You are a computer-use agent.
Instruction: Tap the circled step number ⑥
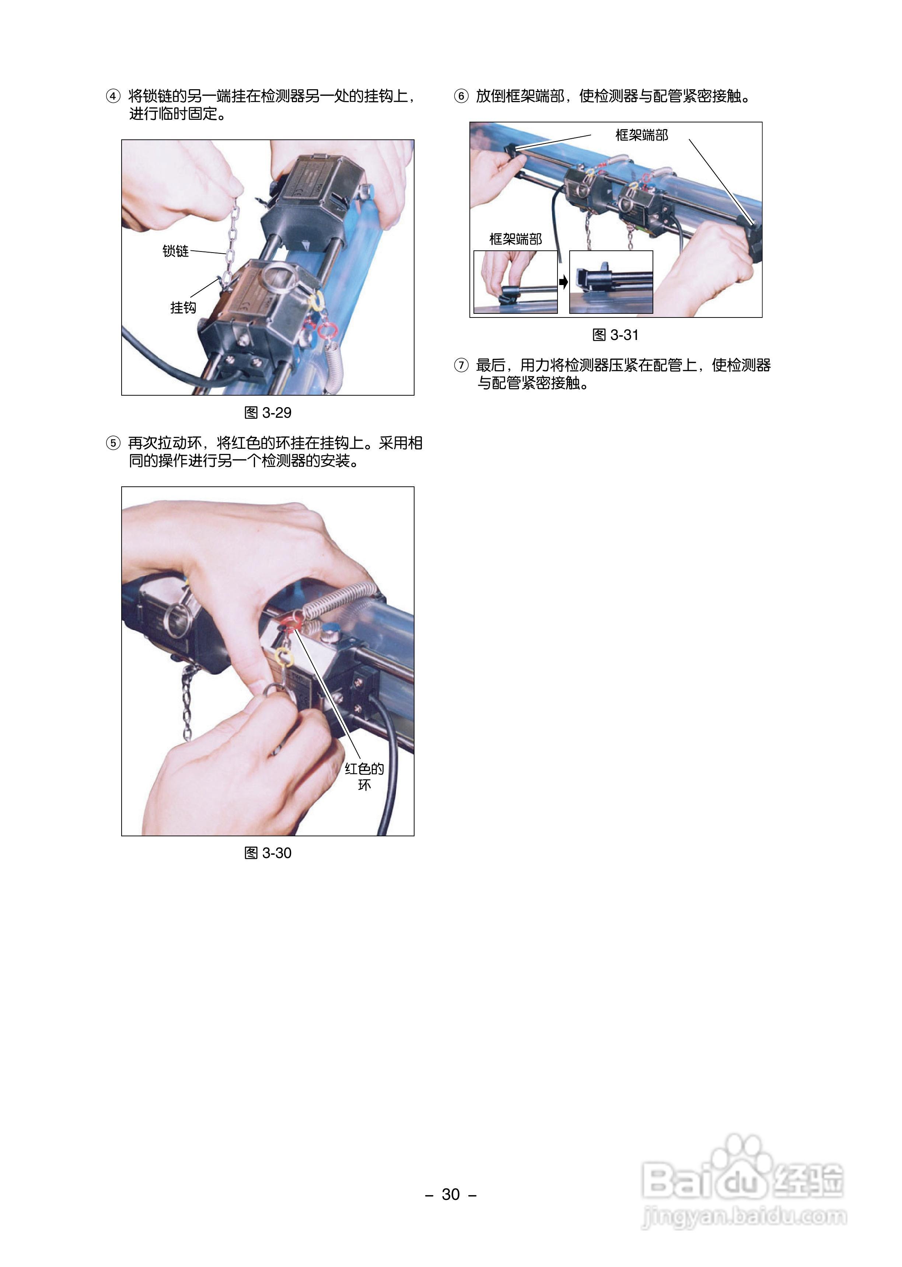(x=461, y=96)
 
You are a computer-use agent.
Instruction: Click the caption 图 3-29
(x=268, y=413)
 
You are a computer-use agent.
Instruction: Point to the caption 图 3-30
(x=268, y=853)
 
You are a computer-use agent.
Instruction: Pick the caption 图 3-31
(x=615, y=335)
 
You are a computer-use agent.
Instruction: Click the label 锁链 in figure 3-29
(x=175, y=251)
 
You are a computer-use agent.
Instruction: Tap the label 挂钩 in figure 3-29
(x=183, y=307)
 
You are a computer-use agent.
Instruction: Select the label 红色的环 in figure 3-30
(x=364, y=776)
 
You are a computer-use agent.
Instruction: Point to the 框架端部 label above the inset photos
(x=515, y=239)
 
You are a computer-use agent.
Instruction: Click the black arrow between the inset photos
(x=564, y=282)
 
